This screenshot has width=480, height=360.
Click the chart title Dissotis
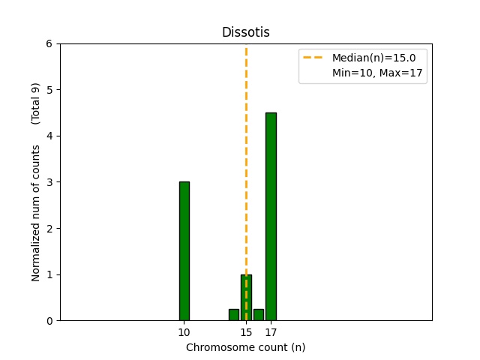245,32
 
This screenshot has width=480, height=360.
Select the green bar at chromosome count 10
184,251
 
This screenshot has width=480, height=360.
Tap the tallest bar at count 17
271,217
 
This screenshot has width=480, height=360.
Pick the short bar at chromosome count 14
234,315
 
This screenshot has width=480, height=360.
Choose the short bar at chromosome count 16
259,315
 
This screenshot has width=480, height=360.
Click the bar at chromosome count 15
246,298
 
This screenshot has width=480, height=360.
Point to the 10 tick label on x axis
184,332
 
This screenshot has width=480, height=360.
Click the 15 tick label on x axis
246,332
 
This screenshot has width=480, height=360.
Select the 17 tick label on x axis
271,332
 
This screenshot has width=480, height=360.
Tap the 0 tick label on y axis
49,321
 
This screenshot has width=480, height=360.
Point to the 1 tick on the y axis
49,274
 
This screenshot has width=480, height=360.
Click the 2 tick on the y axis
49,229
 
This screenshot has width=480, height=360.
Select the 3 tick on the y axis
49,182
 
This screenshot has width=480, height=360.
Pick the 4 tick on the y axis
49,136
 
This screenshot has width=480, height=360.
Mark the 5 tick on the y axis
49,90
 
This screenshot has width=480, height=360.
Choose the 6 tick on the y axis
49,44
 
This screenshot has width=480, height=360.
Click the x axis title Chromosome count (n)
245,347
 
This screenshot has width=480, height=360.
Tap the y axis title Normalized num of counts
36,213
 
